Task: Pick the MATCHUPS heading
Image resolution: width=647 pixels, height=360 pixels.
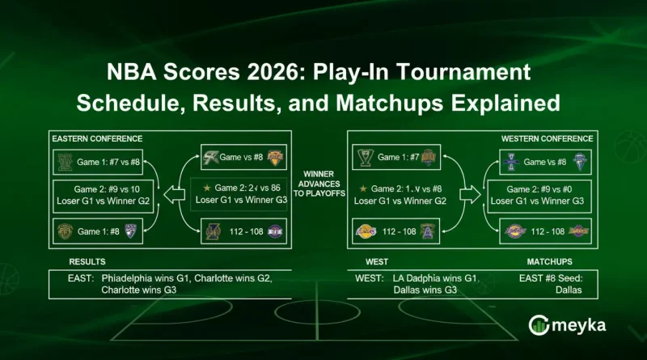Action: [x=550, y=261]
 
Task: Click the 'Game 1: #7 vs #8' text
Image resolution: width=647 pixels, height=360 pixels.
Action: [x=109, y=162]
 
